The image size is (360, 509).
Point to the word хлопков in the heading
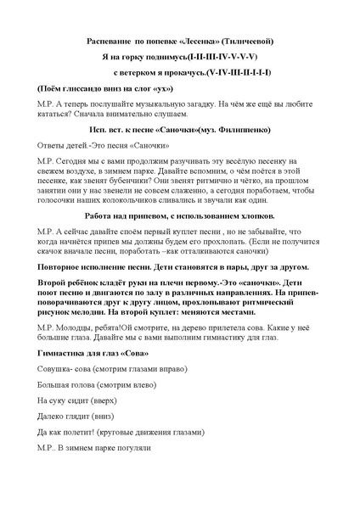256,217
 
